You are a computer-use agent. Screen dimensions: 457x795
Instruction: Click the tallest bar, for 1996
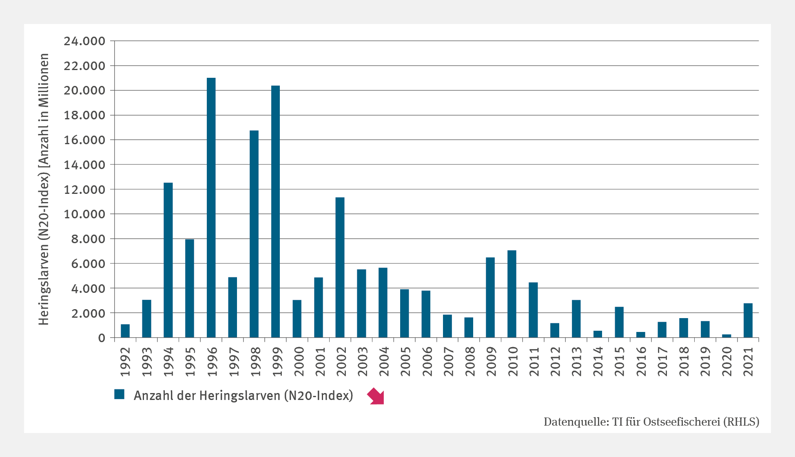(x=211, y=208)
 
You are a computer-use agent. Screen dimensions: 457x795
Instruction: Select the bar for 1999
(x=275, y=211)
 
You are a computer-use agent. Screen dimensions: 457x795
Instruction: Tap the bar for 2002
(x=340, y=267)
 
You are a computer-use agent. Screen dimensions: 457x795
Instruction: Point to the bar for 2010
(x=512, y=294)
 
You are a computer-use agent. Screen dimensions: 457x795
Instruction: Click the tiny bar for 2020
(x=726, y=336)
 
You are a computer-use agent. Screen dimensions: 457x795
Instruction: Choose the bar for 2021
(x=748, y=320)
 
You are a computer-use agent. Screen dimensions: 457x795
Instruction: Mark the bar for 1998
(x=254, y=234)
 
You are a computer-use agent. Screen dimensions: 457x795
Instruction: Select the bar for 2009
(x=490, y=297)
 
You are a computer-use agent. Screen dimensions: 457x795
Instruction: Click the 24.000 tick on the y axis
(x=84, y=41)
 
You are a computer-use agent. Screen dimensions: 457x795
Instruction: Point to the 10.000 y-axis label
(x=84, y=214)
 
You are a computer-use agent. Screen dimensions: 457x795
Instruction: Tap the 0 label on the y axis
(x=101, y=338)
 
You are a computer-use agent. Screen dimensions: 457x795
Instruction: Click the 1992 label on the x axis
(x=125, y=362)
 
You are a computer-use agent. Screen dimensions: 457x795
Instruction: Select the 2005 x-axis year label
(x=405, y=362)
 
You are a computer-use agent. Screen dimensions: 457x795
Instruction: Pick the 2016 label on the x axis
(x=641, y=362)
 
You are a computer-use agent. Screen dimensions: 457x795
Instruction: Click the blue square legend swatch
(x=119, y=394)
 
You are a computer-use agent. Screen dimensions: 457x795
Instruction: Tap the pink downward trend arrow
(x=376, y=396)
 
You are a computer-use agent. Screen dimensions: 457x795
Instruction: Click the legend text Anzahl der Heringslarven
(x=243, y=395)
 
